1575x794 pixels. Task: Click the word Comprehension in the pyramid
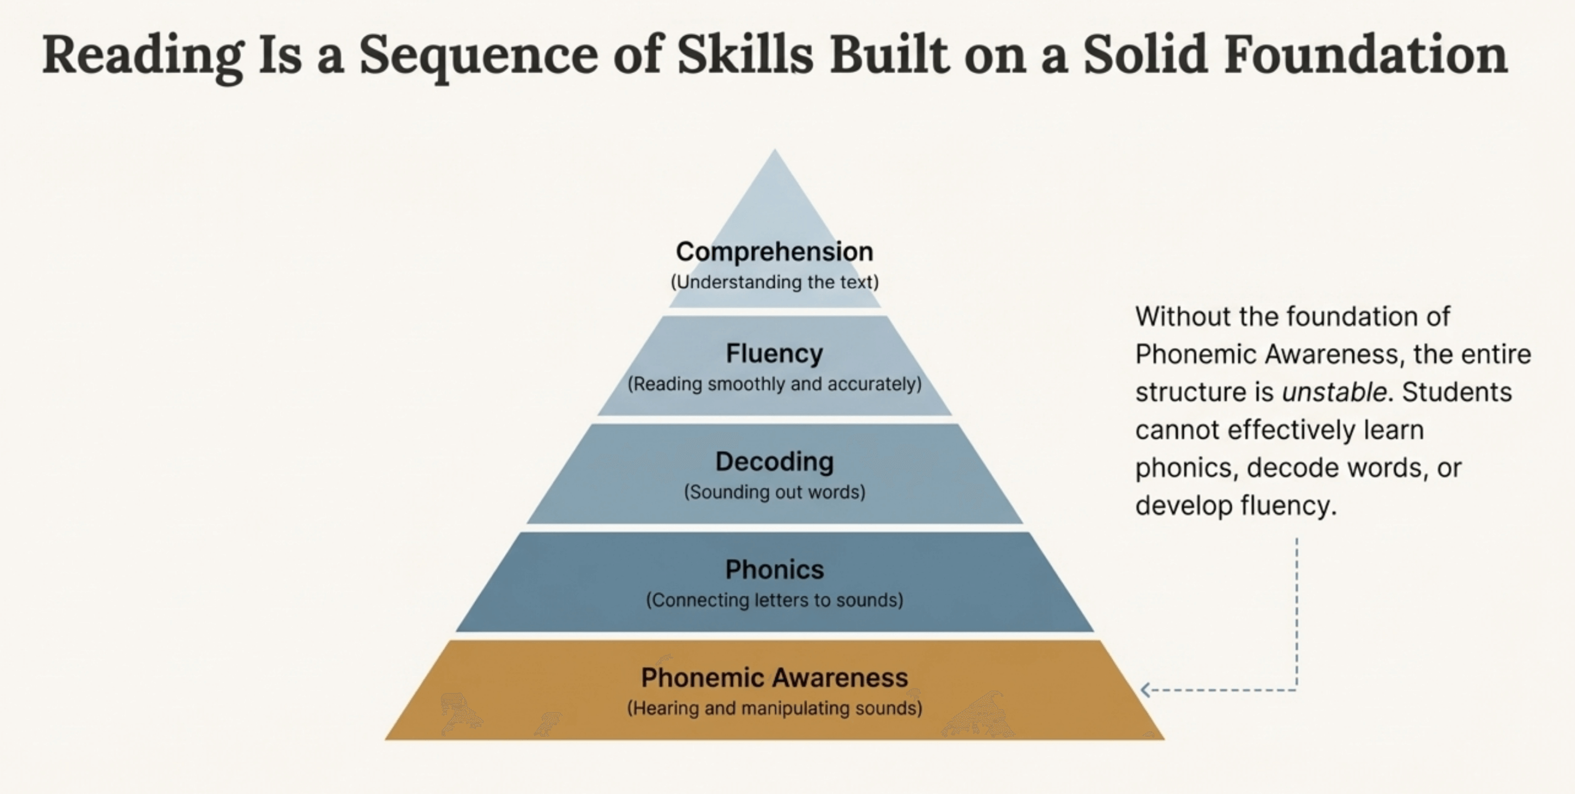[x=775, y=252]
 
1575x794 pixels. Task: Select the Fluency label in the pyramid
[x=775, y=354]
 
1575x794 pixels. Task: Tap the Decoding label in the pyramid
[x=775, y=462]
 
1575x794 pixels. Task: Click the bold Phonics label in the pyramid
[x=775, y=569]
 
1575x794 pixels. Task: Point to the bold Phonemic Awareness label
[x=775, y=678]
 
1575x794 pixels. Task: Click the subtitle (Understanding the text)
[x=775, y=283]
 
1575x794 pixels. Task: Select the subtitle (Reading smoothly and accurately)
[x=775, y=384]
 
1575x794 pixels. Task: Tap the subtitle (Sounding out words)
[x=775, y=492]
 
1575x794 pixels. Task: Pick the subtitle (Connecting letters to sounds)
[x=775, y=600]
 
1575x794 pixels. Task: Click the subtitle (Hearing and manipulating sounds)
[x=775, y=708]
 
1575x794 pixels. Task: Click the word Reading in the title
[x=143, y=57]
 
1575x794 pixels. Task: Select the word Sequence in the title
[x=478, y=57]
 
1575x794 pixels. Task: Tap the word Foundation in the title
[x=1365, y=55]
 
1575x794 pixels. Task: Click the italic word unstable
[x=1334, y=392]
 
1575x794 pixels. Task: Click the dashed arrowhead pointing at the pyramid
[x=1145, y=690]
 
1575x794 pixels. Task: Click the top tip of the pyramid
[x=775, y=150]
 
